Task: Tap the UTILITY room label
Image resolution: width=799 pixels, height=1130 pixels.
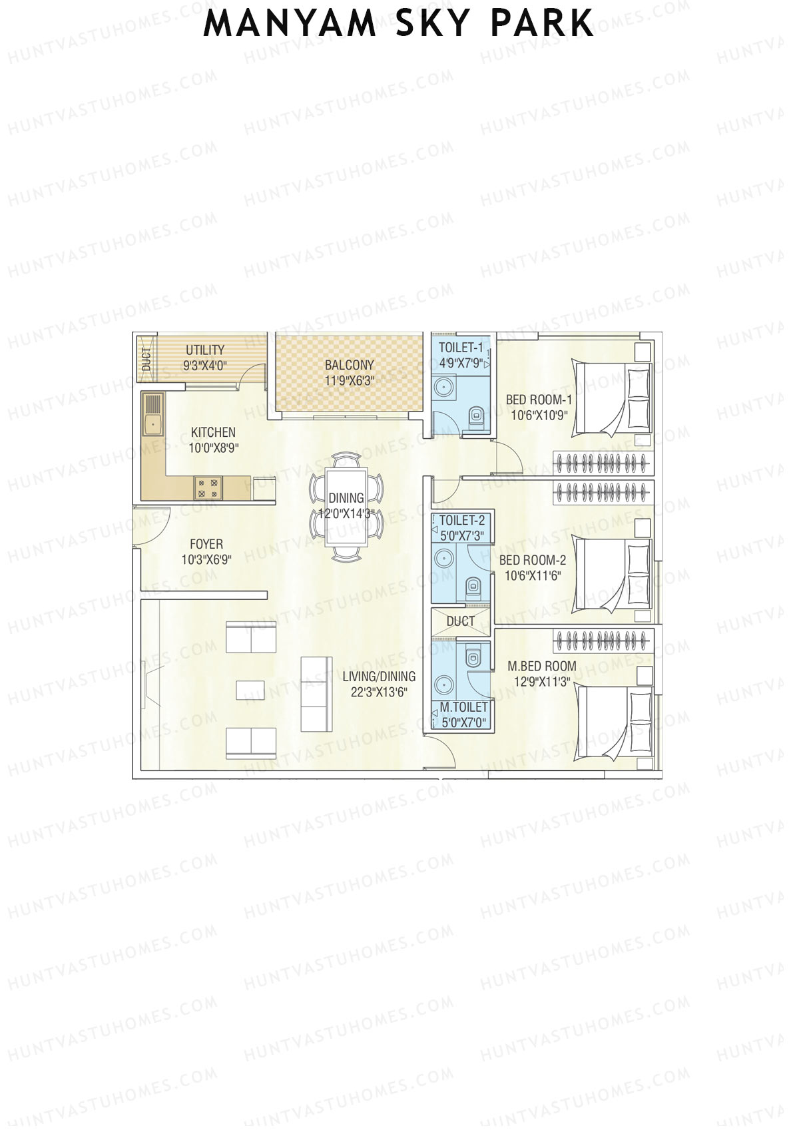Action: point(205,350)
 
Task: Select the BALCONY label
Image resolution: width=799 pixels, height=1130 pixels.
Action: point(349,365)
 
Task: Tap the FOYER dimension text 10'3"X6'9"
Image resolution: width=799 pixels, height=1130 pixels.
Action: point(206,560)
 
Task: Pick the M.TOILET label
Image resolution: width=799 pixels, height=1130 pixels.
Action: point(463,707)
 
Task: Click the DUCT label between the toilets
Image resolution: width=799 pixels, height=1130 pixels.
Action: point(461,621)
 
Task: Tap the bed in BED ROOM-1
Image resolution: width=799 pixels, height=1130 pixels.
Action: point(611,398)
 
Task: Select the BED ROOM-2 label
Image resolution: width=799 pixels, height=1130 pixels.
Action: point(533,560)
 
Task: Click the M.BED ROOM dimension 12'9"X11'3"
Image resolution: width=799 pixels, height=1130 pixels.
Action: point(542,682)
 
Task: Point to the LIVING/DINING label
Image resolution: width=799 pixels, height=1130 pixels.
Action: point(379,677)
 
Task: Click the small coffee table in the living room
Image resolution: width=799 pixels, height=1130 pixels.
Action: point(250,690)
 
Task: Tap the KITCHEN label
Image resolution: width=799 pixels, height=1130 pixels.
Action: point(213,432)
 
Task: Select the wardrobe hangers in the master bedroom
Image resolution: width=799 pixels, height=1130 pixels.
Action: point(602,641)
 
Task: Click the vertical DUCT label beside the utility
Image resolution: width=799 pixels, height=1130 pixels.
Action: point(146,360)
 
